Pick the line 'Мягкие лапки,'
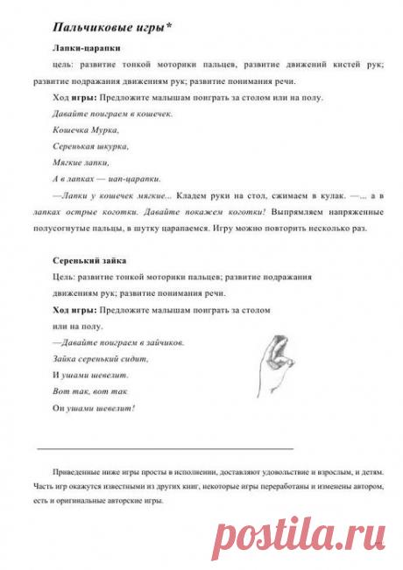pos(81,162)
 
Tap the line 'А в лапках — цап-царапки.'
pos(106,179)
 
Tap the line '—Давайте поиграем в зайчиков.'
pos(117,342)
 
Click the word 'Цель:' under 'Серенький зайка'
pos(65,278)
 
